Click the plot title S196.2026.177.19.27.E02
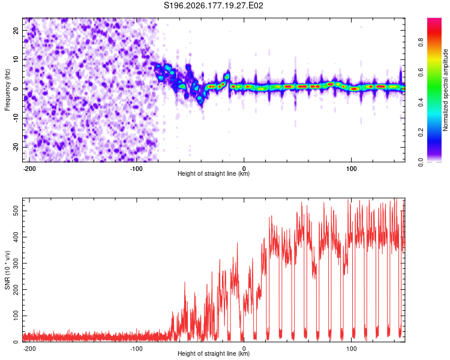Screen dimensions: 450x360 [x=213, y=5]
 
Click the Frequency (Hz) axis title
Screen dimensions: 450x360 [x=7, y=89]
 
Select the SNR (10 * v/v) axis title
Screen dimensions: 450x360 [x=7, y=270]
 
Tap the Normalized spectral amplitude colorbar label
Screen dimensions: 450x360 [x=445, y=89]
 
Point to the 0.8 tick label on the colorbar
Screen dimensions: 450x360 [x=421, y=43]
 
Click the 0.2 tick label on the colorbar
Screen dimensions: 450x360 [x=421, y=133]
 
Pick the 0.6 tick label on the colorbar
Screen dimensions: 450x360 [x=421, y=73]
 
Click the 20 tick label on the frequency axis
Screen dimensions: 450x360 [x=16, y=31]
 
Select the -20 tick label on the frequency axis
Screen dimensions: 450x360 [x=16, y=148]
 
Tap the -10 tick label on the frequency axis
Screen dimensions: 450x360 [x=16, y=118]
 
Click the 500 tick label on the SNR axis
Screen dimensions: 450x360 [x=16, y=211]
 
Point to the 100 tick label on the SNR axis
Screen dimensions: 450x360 [x=16, y=316]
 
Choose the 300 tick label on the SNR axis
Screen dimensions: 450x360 [x=16, y=263]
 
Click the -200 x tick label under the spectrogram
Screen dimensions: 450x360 [x=29, y=169]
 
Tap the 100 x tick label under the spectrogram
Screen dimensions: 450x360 [x=351, y=169]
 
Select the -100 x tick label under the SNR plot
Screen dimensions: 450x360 [x=136, y=349]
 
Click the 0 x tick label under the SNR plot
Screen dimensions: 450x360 [x=244, y=349]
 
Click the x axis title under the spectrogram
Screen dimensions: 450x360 [x=214, y=173]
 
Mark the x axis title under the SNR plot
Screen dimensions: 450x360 [x=214, y=353]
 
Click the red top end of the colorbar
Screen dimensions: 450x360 [x=434, y=19]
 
